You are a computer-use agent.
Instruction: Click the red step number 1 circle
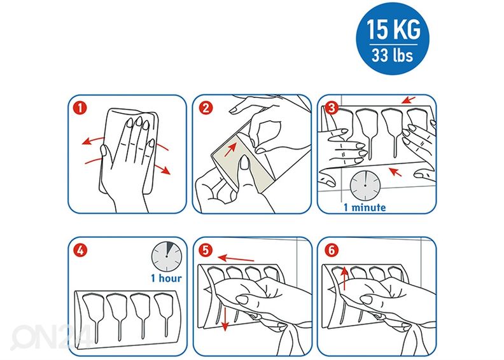point(80,107)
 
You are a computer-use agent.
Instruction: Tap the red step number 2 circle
point(206,107)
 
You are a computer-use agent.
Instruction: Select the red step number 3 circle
point(332,107)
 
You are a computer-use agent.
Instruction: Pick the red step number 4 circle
point(80,249)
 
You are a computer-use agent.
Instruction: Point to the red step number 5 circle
point(206,249)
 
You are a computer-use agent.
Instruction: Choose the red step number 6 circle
point(332,249)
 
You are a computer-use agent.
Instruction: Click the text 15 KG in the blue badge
point(393,29)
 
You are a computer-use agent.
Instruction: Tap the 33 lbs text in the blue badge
point(393,55)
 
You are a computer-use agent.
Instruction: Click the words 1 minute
point(365,207)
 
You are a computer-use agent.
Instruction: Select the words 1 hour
point(166,278)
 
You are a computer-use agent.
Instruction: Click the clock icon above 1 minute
point(365,185)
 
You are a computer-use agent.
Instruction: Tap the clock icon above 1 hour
point(167,256)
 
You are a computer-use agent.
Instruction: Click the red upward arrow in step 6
point(344,278)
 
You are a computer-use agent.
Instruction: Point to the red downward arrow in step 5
point(225,319)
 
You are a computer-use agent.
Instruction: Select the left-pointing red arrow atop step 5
point(236,258)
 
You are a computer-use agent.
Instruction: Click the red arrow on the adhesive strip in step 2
point(231,149)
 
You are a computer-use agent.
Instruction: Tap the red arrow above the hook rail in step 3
point(409,100)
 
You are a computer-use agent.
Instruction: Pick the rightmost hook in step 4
point(164,315)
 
